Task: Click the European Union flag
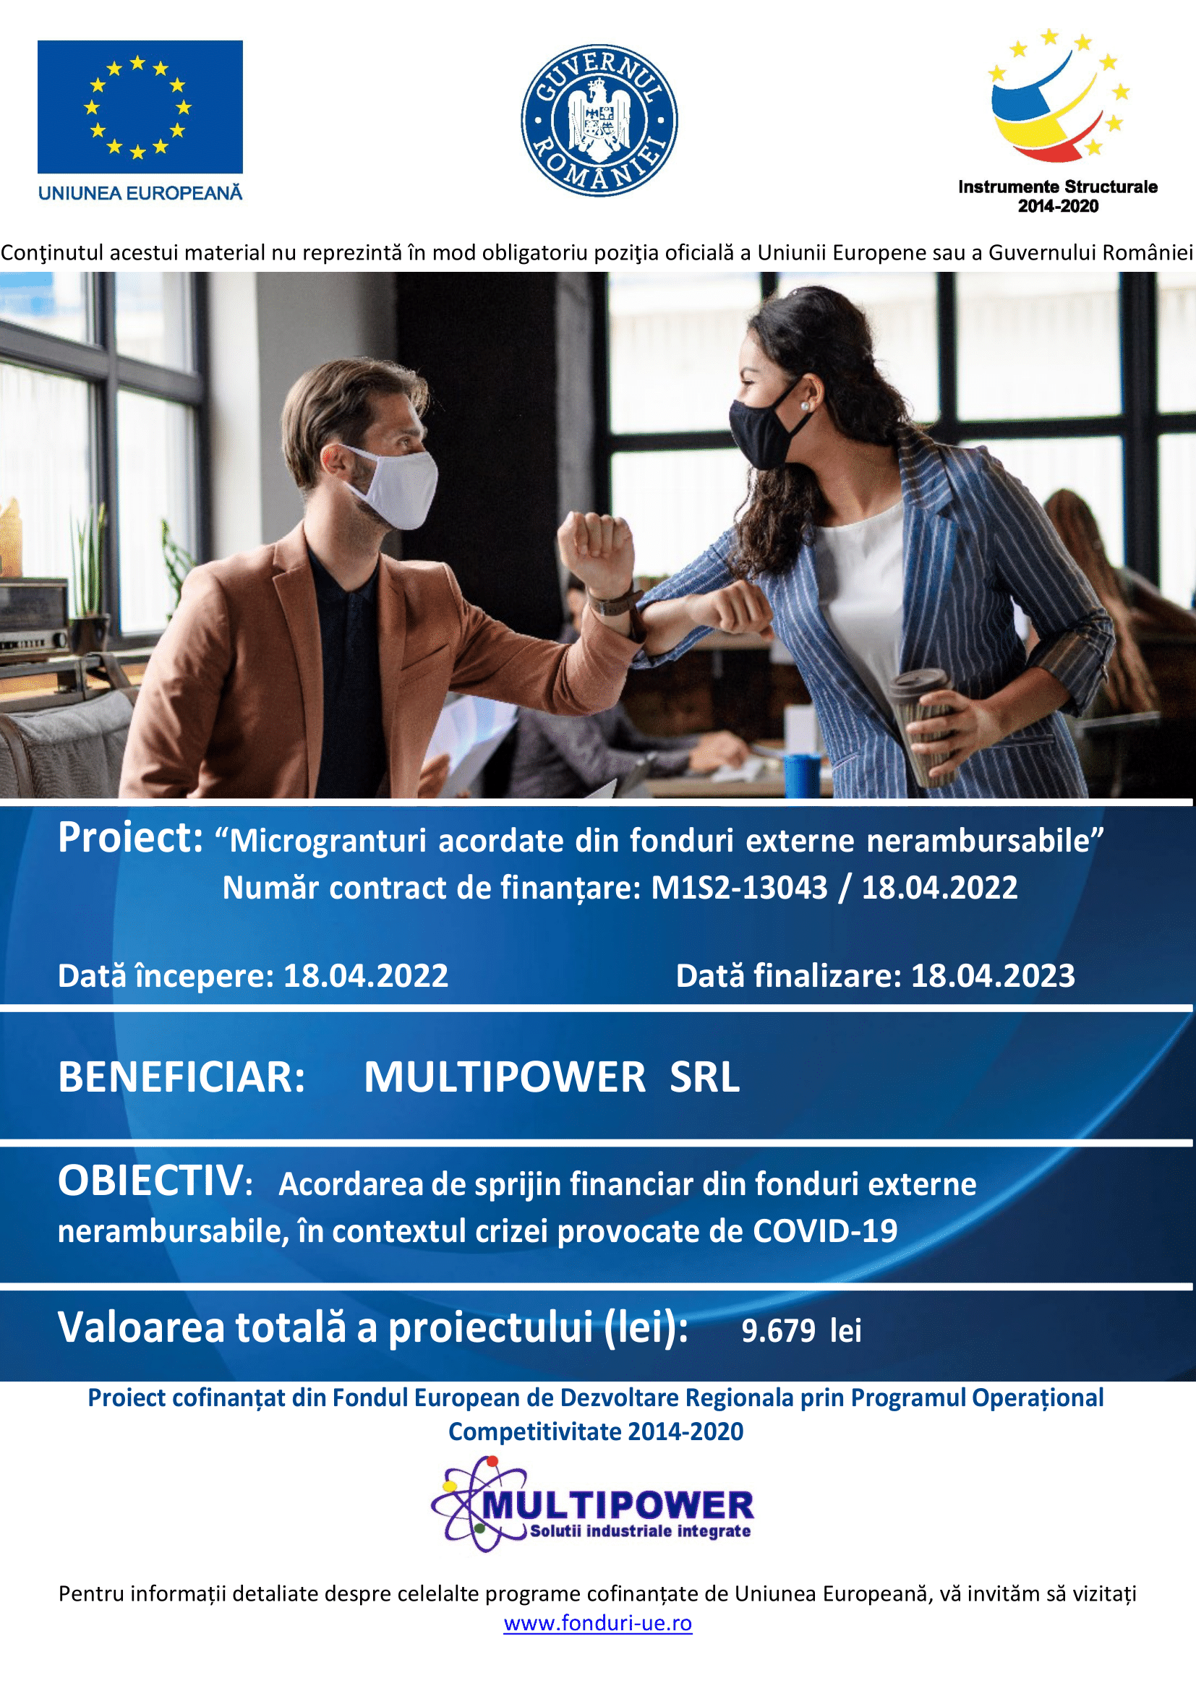[x=140, y=107]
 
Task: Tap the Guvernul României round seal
[x=599, y=121]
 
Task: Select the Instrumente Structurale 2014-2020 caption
[x=1058, y=196]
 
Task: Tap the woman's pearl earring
[x=805, y=406]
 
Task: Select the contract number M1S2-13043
[x=740, y=889]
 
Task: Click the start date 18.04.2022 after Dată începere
[x=366, y=976]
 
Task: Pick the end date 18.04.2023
[x=993, y=976]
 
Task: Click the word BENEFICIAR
[x=181, y=1076]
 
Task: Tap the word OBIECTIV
[x=150, y=1181]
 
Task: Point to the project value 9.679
[x=779, y=1331]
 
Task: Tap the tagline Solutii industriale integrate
[x=641, y=1531]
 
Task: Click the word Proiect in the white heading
[x=130, y=838]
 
